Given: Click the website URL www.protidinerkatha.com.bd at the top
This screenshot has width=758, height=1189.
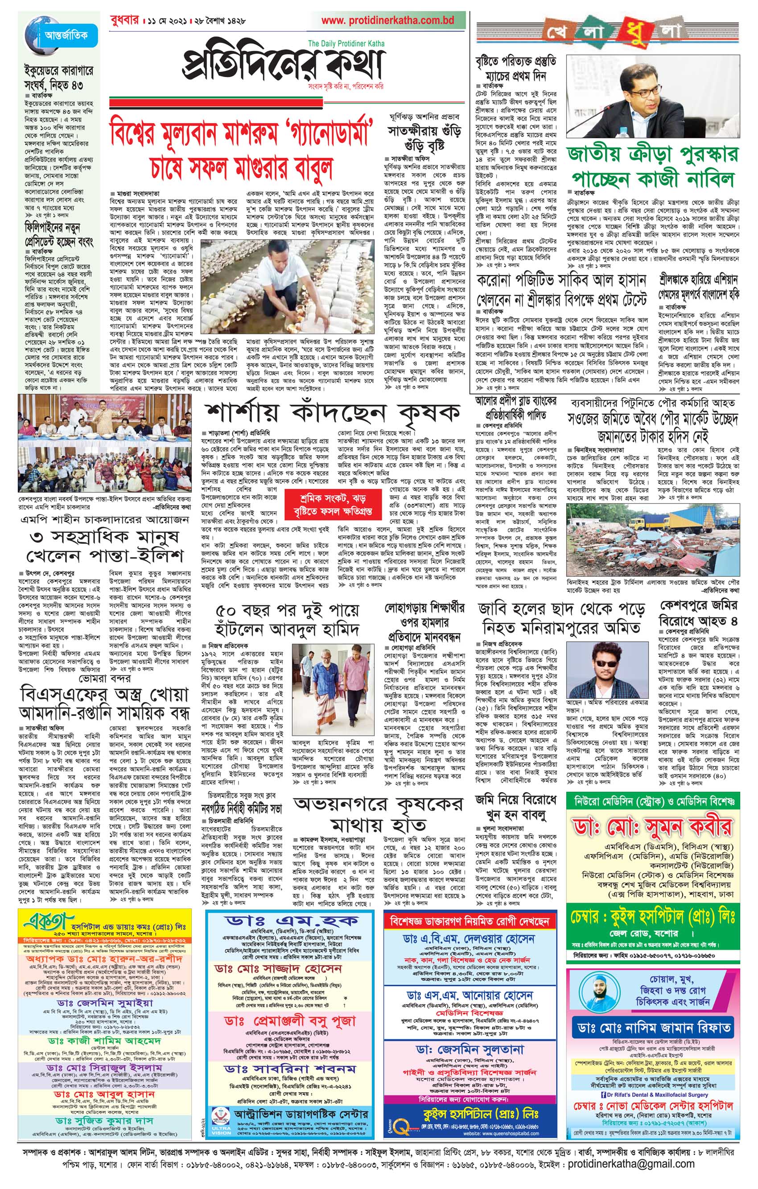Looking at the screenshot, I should (387, 20).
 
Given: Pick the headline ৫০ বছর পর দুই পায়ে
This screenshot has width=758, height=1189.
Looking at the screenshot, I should (287, 620).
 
